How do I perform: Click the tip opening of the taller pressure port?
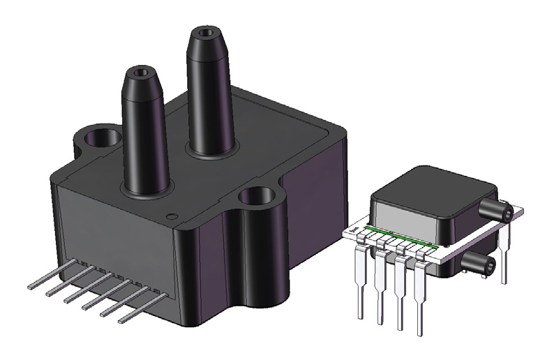click(x=205, y=32)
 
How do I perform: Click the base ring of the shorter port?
click(x=145, y=190)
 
